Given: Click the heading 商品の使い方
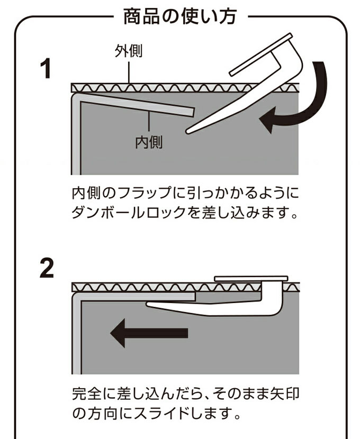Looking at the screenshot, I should [x=179, y=18].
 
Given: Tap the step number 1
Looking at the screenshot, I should [x=47, y=69].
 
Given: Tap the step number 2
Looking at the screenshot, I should [x=47, y=269].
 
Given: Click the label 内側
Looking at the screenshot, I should [x=149, y=142].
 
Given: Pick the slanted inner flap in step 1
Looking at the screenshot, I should [x=138, y=104].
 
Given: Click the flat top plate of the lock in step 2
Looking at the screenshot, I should [x=250, y=278].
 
